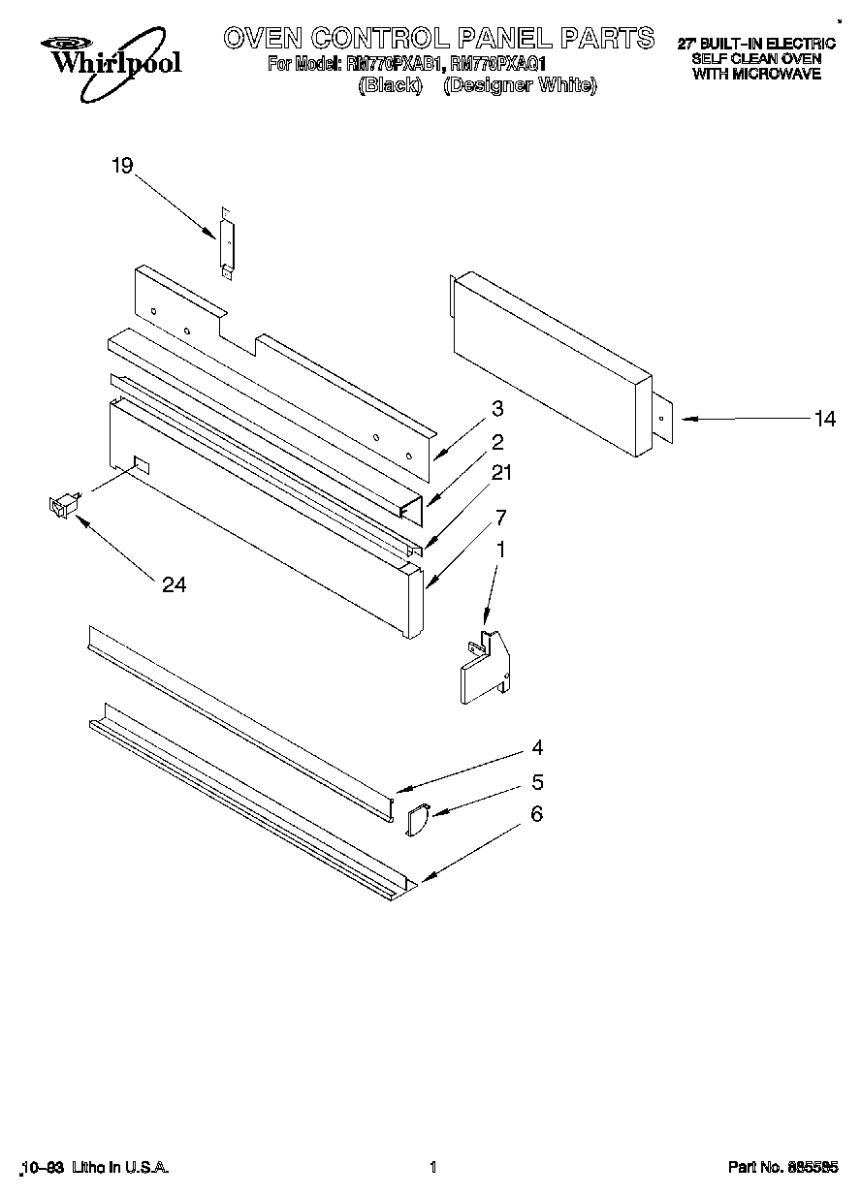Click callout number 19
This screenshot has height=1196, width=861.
pos(121,167)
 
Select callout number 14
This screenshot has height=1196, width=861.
pos(824,419)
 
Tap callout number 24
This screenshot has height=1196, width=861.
pos(175,584)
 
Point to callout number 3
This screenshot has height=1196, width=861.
pos(496,408)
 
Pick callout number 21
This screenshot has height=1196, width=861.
pos(501,473)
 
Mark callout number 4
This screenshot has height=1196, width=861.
pos(536,748)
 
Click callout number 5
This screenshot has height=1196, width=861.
pos(536,782)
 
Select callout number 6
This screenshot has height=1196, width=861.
pos(536,814)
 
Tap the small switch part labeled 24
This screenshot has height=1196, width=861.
pos(63,504)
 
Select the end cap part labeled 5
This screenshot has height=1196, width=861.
pos(417,820)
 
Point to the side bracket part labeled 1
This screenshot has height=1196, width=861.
pos(485,666)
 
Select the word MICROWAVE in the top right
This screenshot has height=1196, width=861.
pos(756,74)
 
